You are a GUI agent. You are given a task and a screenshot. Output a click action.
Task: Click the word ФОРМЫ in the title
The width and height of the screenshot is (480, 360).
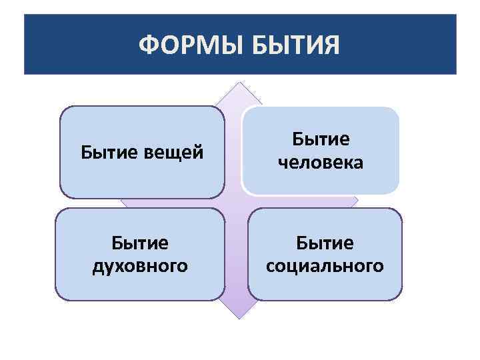pyautogui.click(x=193, y=46)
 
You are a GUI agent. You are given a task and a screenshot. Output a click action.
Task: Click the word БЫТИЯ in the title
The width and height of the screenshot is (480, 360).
pyautogui.click(x=297, y=46)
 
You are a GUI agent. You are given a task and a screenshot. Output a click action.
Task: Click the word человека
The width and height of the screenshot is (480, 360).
pyautogui.click(x=321, y=163)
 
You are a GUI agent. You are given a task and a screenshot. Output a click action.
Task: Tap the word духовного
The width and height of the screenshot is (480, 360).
pyautogui.click(x=139, y=266)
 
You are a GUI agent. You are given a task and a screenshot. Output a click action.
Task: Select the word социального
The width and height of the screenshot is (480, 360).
pyautogui.click(x=325, y=266)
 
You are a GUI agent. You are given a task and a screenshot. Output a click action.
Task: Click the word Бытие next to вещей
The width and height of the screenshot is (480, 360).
pyautogui.click(x=109, y=153)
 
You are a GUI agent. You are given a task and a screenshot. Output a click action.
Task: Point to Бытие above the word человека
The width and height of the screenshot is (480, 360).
pyautogui.click(x=321, y=139)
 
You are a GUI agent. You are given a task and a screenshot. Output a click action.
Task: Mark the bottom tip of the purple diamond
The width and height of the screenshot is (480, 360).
pyautogui.click(x=239, y=317)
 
